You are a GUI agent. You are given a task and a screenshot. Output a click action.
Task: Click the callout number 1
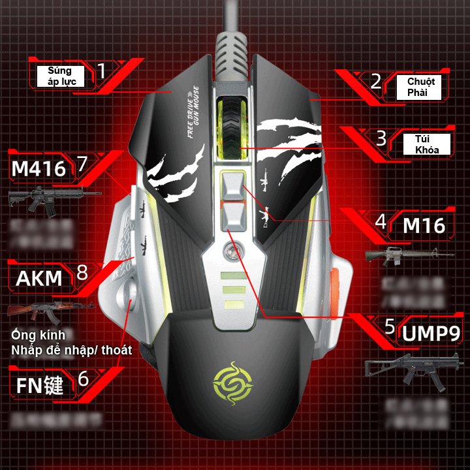pyautogui.click(x=101, y=70)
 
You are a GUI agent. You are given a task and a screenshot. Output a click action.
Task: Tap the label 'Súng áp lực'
pyautogui.click(x=62, y=76)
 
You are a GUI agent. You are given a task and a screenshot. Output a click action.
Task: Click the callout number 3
pyautogui.click(x=381, y=137)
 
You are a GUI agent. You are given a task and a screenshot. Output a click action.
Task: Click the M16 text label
pyautogui.click(x=424, y=226)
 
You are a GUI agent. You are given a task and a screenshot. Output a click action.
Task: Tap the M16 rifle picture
pyautogui.click(x=409, y=255)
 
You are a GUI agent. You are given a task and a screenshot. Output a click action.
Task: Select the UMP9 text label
pyautogui.click(x=431, y=334)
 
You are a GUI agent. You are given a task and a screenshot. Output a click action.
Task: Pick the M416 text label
pyautogui.click(x=39, y=169)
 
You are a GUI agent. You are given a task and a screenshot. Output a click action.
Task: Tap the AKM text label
pyautogui.click(x=39, y=279)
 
